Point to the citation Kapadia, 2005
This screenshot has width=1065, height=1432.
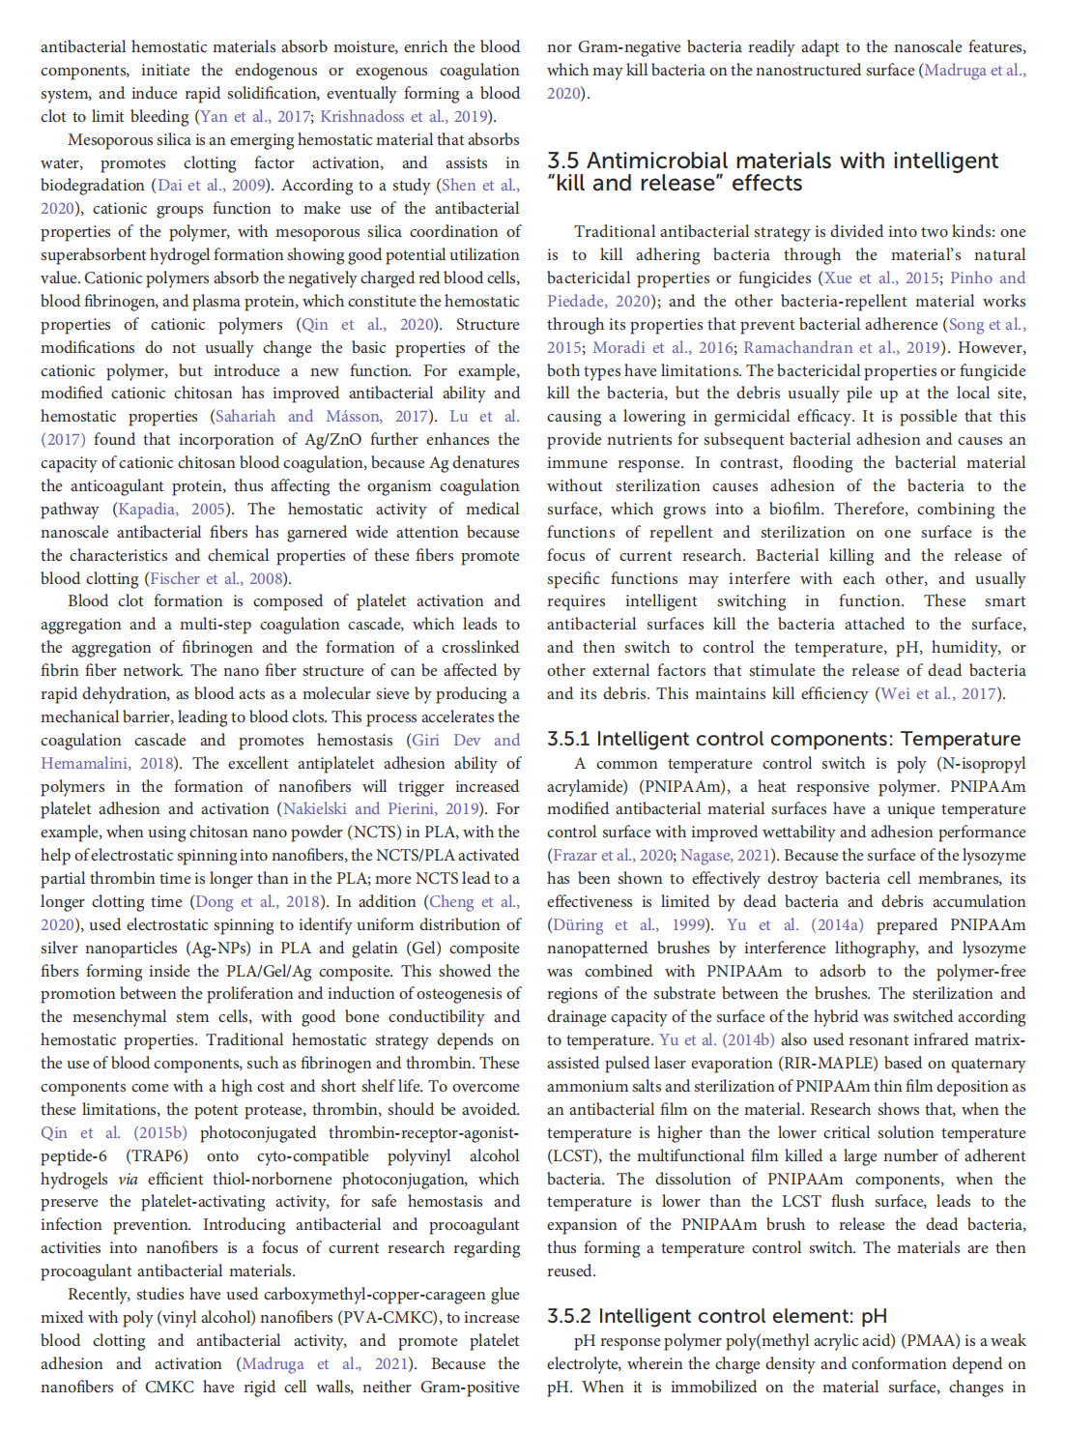[x=171, y=510]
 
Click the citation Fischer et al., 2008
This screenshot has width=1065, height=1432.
[x=218, y=579]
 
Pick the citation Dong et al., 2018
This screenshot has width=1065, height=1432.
[x=259, y=902]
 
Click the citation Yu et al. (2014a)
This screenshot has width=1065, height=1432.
[x=785, y=925]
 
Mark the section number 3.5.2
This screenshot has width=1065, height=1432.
[x=569, y=1317]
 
